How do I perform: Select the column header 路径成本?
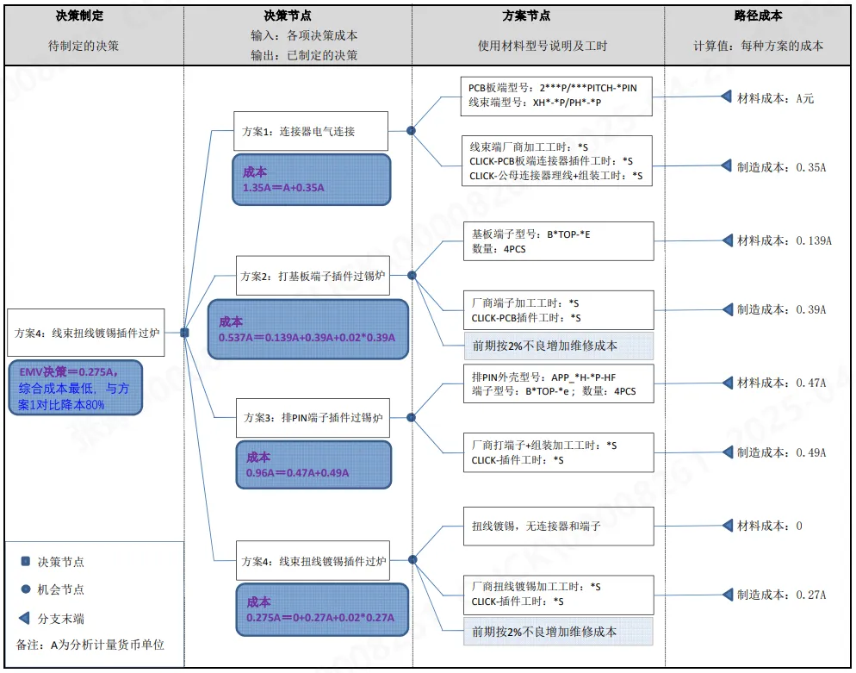click(x=758, y=16)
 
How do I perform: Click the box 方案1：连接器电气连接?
click(x=310, y=132)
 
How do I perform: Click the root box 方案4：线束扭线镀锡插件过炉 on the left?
click(x=87, y=333)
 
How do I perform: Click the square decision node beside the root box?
click(x=184, y=333)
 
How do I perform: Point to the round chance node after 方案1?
click(x=412, y=131)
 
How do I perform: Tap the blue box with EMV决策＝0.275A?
click(x=74, y=387)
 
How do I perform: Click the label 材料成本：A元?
click(x=775, y=98)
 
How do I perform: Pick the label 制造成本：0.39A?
click(x=781, y=309)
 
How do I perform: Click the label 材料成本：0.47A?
click(x=781, y=382)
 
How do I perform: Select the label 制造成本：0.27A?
click(x=781, y=595)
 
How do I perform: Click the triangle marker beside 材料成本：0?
click(x=725, y=526)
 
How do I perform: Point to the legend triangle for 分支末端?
click(x=26, y=618)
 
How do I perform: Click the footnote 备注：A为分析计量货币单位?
click(x=90, y=645)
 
